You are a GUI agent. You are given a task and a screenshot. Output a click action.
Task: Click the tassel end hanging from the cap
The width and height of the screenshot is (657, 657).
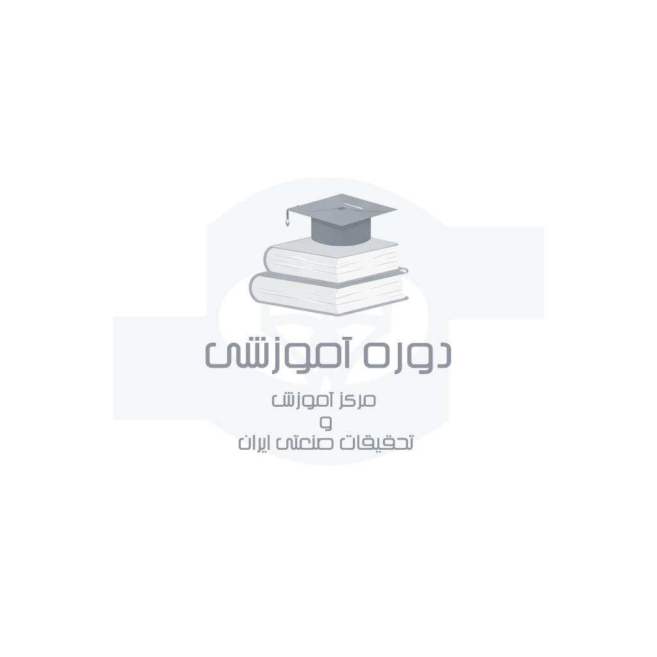[x=287, y=221]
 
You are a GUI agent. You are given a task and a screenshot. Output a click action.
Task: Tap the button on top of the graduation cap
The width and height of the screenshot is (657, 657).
[x=341, y=209]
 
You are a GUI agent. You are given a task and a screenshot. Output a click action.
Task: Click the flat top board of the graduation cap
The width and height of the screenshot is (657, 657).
[x=341, y=210]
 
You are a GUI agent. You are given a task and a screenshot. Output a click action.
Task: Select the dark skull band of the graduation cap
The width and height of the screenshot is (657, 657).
[x=341, y=232]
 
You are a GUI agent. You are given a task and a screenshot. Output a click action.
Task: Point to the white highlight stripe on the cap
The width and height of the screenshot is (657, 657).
[x=354, y=206]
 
